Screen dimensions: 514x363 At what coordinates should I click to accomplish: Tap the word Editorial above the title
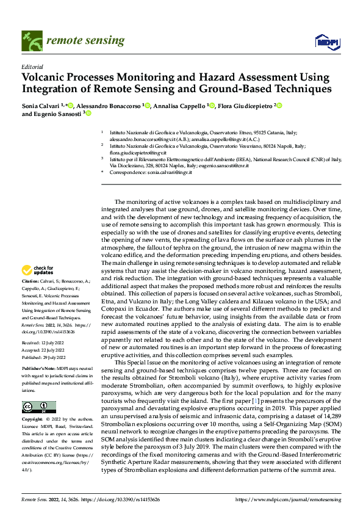[x=32, y=67]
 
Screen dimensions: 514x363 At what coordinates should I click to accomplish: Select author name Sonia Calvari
[x=40, y=106]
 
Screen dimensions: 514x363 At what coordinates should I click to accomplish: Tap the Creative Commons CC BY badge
[x=38, y=407]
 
